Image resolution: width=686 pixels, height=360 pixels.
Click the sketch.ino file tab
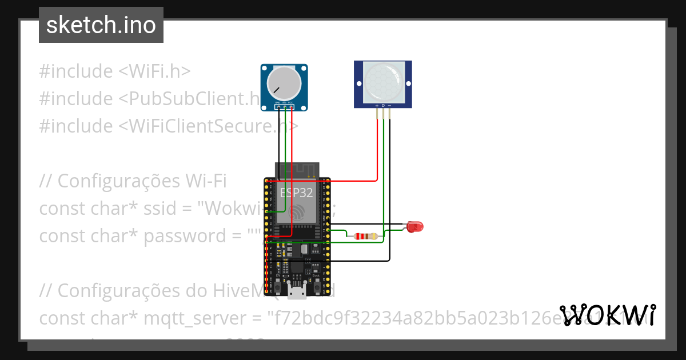click(101, 25)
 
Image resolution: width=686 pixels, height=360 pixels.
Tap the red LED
click(415, 227)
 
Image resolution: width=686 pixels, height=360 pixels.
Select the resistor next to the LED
click(365, 236)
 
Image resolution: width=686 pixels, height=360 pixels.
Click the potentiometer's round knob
click(284, 83)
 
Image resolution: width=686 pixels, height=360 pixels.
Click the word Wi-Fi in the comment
click(206, 181)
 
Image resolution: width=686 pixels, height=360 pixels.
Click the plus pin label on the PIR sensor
click(376, 106)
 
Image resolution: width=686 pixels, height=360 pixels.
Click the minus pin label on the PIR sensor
click(390, 106)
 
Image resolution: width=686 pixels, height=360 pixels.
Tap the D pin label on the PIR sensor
click(383, 106)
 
